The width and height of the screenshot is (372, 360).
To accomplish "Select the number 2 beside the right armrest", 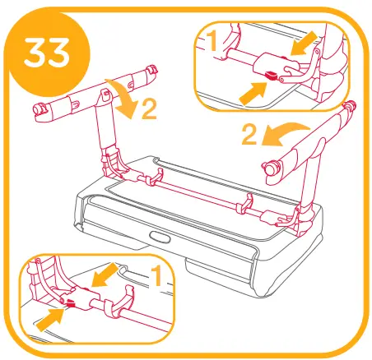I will (248, 132).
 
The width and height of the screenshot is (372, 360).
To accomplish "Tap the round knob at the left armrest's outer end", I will (38, 108).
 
